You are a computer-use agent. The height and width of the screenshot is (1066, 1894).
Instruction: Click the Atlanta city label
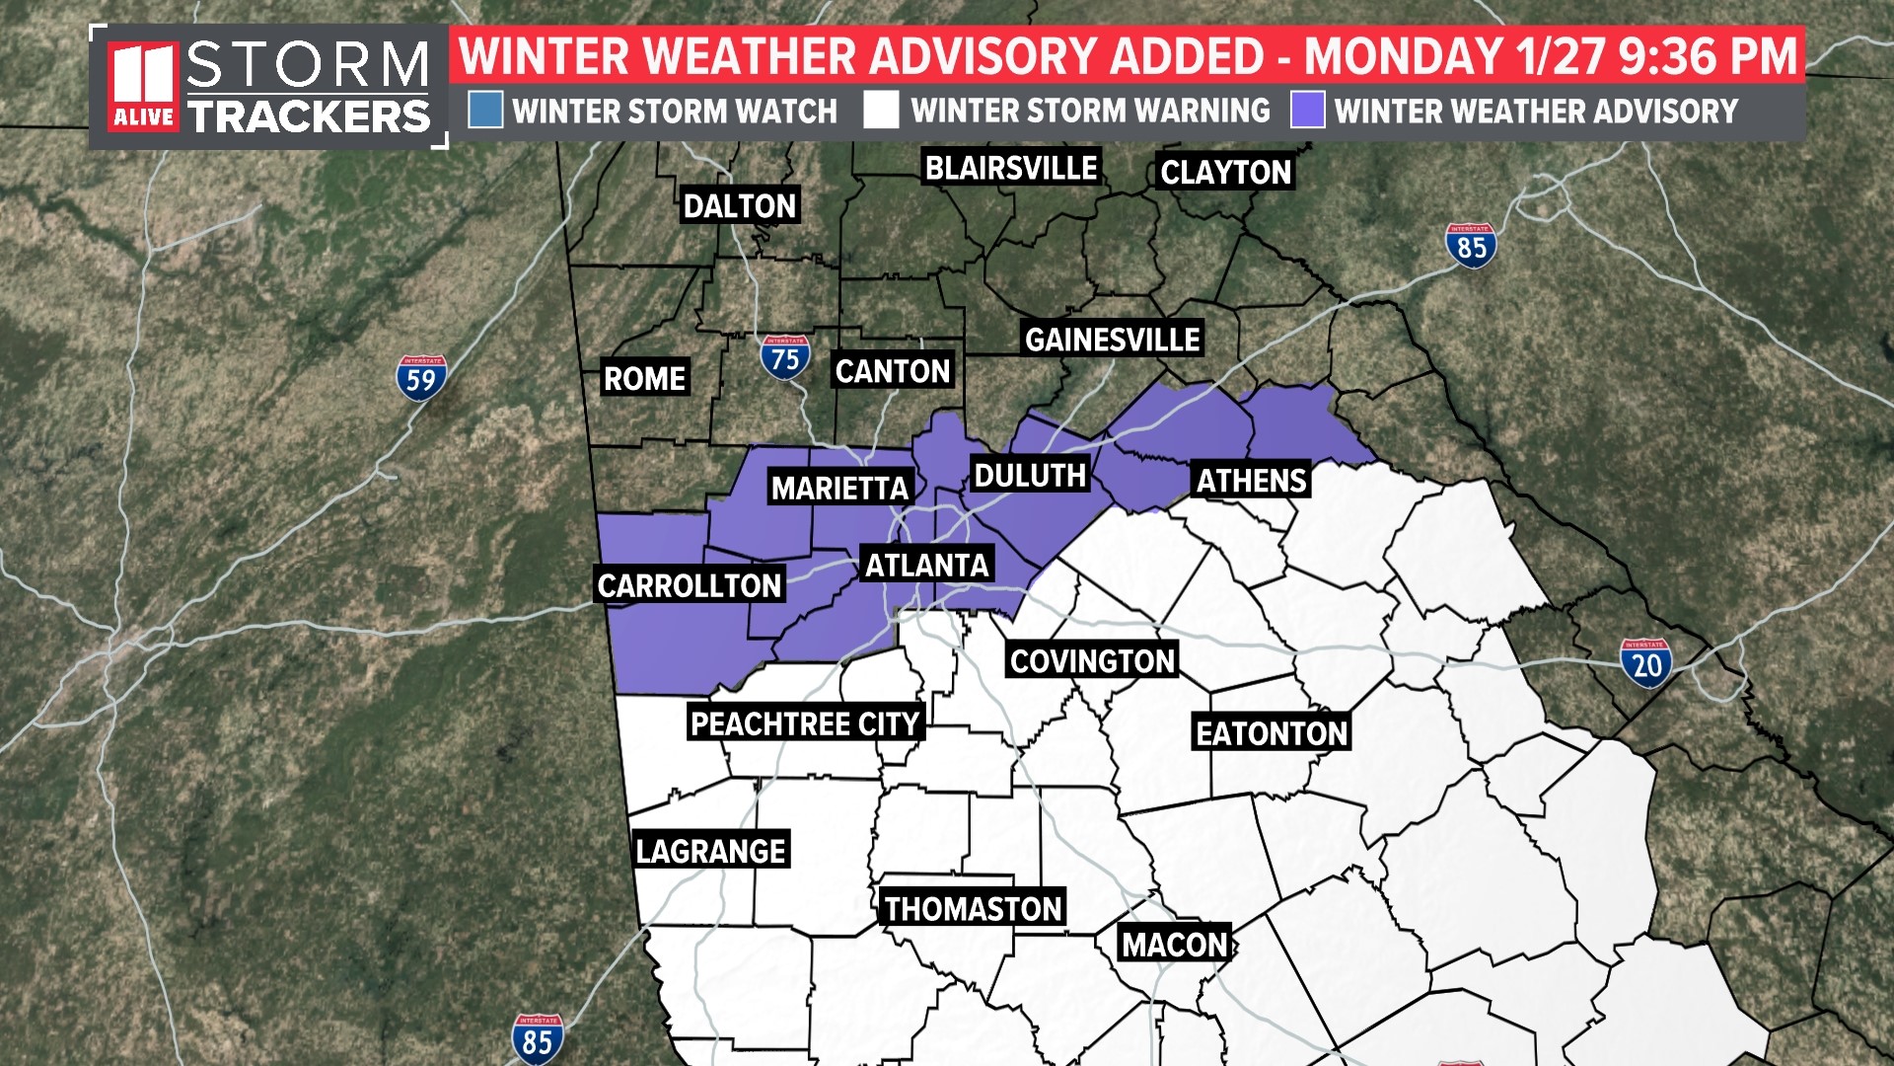[x=926, y=565]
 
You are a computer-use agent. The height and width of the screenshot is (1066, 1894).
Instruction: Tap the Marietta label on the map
[x=839, y=488]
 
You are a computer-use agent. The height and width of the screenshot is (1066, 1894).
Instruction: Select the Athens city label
[x=1251, y=481]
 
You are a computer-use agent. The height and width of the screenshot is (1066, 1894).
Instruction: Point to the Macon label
[x=1174, y=945]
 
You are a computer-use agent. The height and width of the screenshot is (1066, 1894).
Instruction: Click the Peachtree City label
[x=805, y=723]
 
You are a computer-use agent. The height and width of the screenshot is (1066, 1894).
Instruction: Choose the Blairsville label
[x=1010, y=168]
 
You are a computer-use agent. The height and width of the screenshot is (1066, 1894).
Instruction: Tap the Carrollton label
[x=690, y=585]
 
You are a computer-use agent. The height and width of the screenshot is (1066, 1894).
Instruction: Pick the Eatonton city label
[x=1271, y=733]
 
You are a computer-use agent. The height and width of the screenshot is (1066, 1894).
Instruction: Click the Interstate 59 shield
[x=421, y=378]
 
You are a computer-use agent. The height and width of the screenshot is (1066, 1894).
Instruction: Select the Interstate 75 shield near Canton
[x=785, y=358]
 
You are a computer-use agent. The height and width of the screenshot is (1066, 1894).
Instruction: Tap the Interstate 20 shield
[x=1645, y=663]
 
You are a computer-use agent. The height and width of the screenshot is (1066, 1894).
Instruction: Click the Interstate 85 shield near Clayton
[x=1471, y=246]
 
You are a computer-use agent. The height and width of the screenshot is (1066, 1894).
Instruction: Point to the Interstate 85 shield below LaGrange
[x=538, y=1039]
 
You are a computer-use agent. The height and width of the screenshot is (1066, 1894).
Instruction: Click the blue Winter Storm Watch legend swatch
[x=485, y=111]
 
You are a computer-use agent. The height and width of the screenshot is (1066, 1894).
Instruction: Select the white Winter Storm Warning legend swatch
[x=881, y=111]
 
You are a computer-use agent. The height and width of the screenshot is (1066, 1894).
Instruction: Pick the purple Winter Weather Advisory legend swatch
[x=1307, y=111]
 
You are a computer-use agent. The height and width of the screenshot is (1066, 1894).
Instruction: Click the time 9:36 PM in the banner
[x=1709, y=56]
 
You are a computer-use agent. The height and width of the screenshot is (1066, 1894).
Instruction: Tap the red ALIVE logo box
[x=144, y=87]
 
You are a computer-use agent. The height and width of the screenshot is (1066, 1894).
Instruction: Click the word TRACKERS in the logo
[x=309, y=116]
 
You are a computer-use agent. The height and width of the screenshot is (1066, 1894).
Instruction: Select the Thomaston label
[x=973, y=908]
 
